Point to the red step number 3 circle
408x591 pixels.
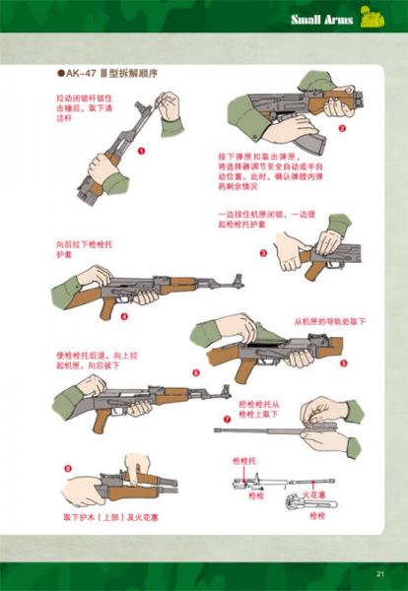(263, 252)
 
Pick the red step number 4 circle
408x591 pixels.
(125, 316)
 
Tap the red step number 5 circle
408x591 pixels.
(343, 362)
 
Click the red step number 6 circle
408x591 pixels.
(195, 372)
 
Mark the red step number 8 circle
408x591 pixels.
(67, 467)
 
